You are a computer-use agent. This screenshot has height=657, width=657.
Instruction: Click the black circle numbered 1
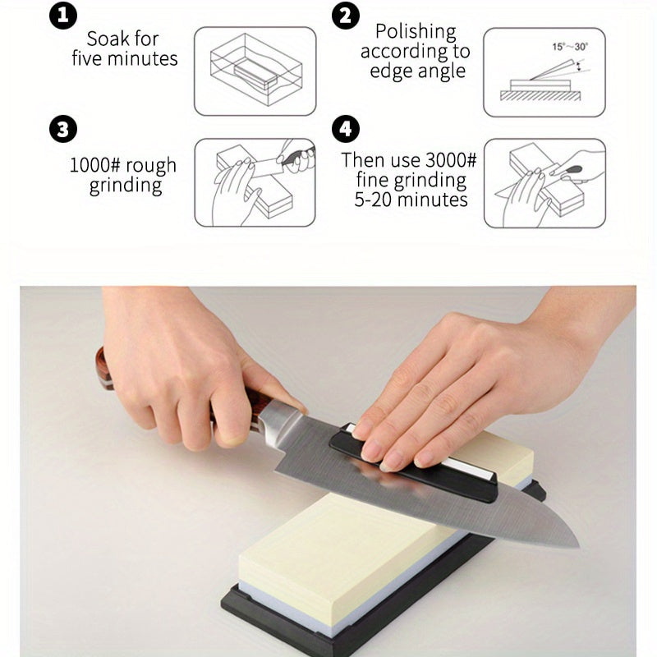click(63, 16)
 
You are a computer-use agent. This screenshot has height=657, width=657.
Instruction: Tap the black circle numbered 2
click(346, 16)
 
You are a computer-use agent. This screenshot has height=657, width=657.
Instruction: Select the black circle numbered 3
click(63, 129)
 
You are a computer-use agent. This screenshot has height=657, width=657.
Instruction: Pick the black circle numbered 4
click(346, 129)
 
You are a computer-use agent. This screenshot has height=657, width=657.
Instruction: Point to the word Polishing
click(416, 32)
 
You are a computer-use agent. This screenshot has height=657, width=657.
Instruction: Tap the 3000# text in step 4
click(451, 159)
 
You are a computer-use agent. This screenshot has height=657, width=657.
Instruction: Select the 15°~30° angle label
click(570, 47)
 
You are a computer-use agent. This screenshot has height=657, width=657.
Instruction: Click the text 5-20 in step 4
click(373, 200)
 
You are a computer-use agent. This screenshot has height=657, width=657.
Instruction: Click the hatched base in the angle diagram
click(540, 96)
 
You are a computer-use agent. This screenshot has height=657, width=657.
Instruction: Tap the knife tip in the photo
click(578, 546)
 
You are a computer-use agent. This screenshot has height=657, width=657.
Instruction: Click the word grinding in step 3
click(126, 186)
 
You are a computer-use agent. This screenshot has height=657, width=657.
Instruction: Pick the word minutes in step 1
click(142, 58)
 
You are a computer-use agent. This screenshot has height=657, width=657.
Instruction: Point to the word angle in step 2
click(442, 71)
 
